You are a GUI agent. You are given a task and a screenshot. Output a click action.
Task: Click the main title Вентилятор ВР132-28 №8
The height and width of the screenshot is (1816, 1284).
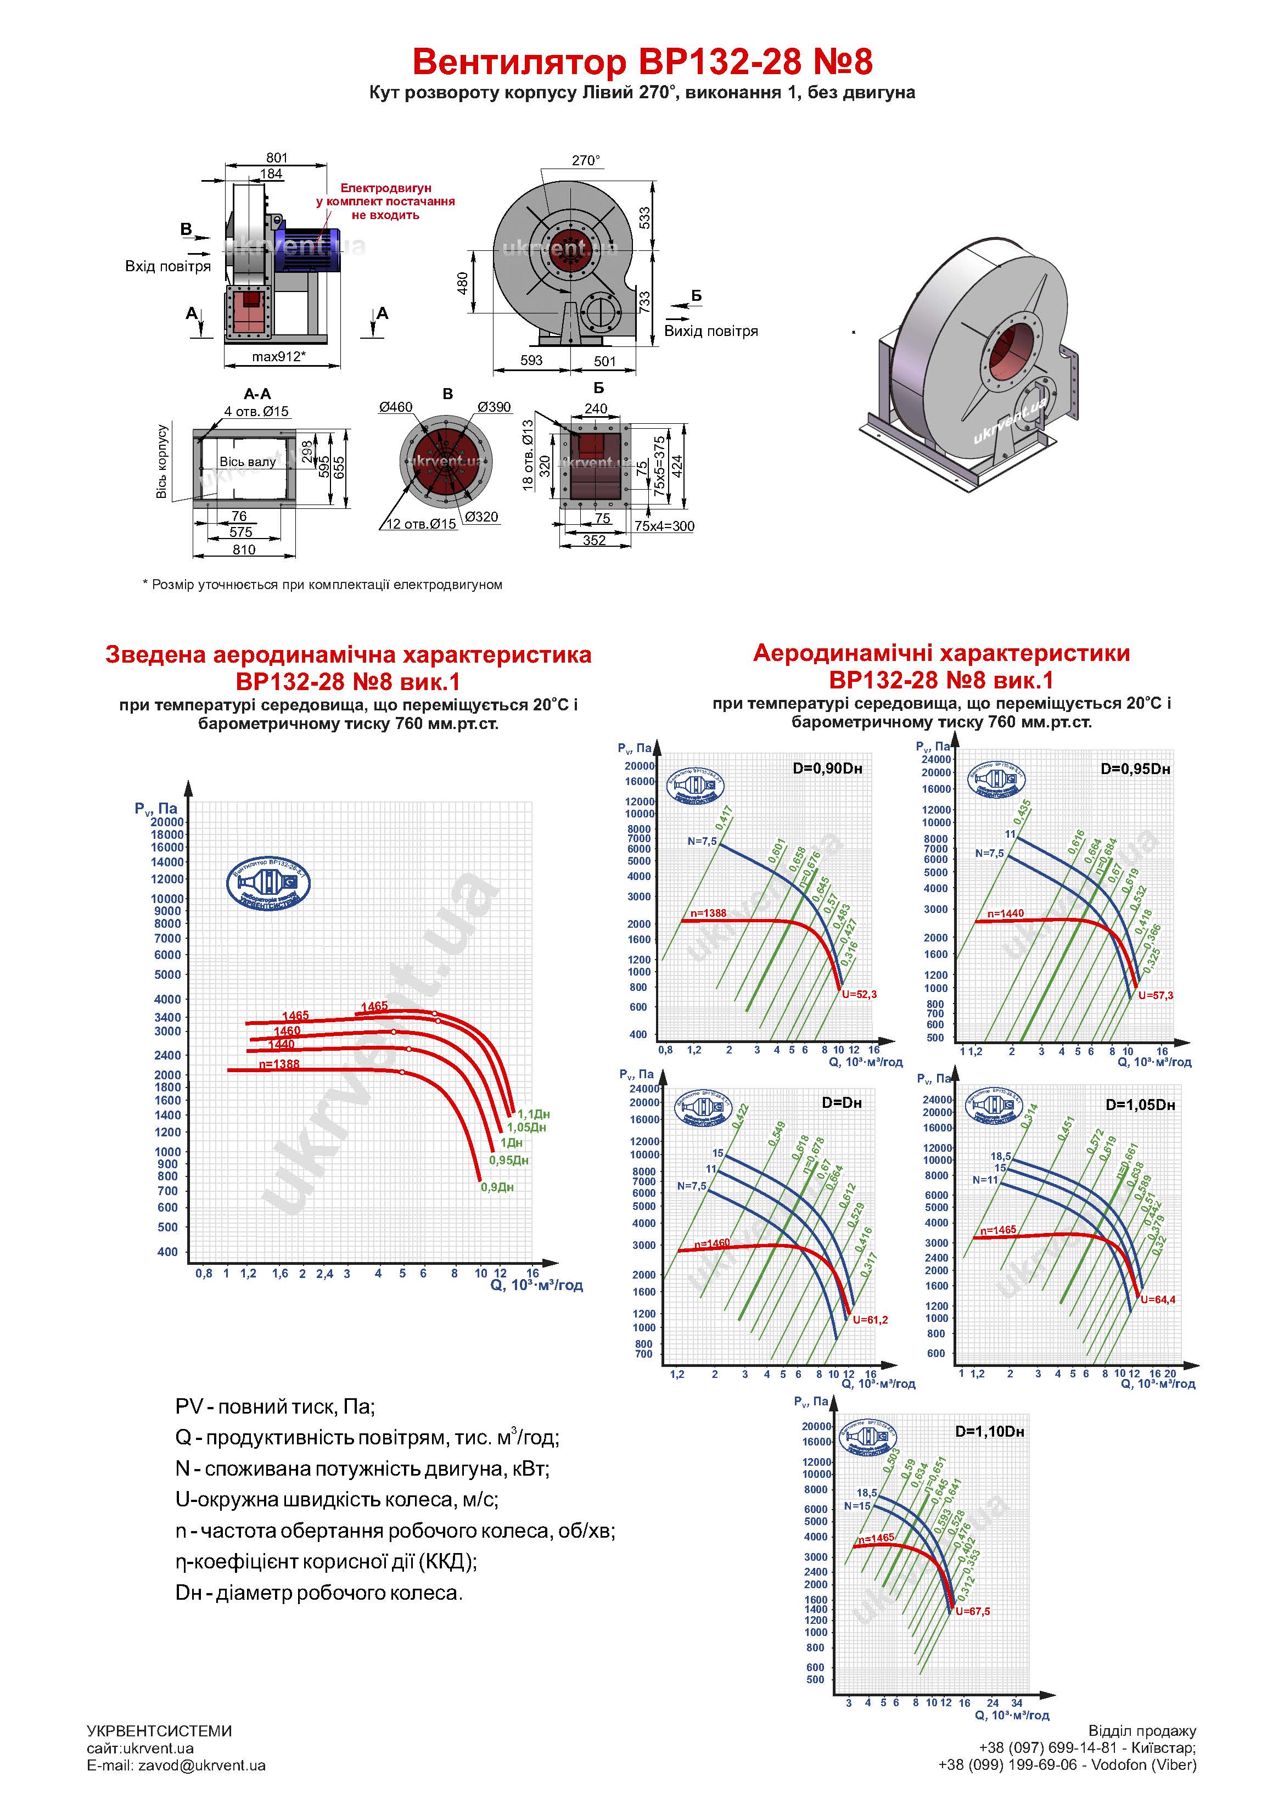pos(642,61)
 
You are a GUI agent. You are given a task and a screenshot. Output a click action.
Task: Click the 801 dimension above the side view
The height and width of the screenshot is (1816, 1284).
pos(277,158)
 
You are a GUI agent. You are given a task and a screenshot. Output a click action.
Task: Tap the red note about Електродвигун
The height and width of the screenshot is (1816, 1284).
pos(386,201)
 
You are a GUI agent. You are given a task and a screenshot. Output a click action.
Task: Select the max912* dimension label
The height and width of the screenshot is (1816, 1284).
pos(278,357)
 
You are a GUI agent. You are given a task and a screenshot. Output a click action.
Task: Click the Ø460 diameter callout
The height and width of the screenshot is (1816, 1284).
pos(396,407)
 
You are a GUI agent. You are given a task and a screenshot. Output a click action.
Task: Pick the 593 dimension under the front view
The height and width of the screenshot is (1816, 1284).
pos(531,361)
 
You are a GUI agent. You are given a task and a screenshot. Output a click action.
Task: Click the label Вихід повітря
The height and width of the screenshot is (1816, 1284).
pos(710,332)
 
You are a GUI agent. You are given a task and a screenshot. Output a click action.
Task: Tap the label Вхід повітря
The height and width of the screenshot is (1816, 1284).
pos(168,267)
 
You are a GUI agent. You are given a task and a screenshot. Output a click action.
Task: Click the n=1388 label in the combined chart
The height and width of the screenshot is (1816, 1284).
pos(279,1064)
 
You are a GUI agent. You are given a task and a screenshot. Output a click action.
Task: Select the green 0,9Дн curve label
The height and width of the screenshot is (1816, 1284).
pos(497,1187)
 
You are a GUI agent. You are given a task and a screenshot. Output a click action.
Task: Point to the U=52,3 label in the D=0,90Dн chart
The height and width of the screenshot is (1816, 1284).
pos(859,994)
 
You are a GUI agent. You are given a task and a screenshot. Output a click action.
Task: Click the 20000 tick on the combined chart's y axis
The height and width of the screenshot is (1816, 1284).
pos(167,822)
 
